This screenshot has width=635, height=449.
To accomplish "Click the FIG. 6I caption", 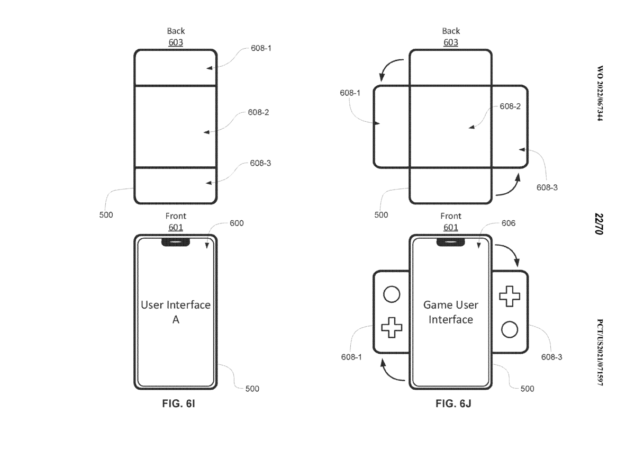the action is pos(179,403).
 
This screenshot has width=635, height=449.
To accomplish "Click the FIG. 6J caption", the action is pos(453,403).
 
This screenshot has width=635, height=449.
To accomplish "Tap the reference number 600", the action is pos(237,223).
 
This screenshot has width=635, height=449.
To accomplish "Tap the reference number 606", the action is pos(509,223).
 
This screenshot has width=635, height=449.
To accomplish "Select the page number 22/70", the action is pos(599,224).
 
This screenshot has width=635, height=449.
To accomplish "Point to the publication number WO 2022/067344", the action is pos(600,93).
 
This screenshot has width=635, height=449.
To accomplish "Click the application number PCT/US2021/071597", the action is pos(600,352).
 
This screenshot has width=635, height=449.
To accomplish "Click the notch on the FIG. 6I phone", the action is pos(176,242).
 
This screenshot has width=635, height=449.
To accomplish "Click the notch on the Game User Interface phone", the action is pos(450,242).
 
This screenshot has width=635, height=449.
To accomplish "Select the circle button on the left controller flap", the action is pos(392,294).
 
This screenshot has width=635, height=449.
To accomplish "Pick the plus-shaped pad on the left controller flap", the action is pos(392,327).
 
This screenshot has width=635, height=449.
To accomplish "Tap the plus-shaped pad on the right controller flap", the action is pos(510,296).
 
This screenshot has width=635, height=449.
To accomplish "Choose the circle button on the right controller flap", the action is pos(510,329).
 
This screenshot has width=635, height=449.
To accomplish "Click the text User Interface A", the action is pos(176,312).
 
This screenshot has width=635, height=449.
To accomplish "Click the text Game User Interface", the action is pos(451,312).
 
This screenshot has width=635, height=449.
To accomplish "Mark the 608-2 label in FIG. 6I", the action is pos(258,112).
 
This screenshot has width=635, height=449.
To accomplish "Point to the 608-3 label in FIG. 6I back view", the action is pos(260,163).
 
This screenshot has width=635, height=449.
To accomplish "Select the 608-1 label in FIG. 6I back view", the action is pos(261,48).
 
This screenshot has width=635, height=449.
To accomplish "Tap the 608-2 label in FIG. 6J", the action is pos(510,106).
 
